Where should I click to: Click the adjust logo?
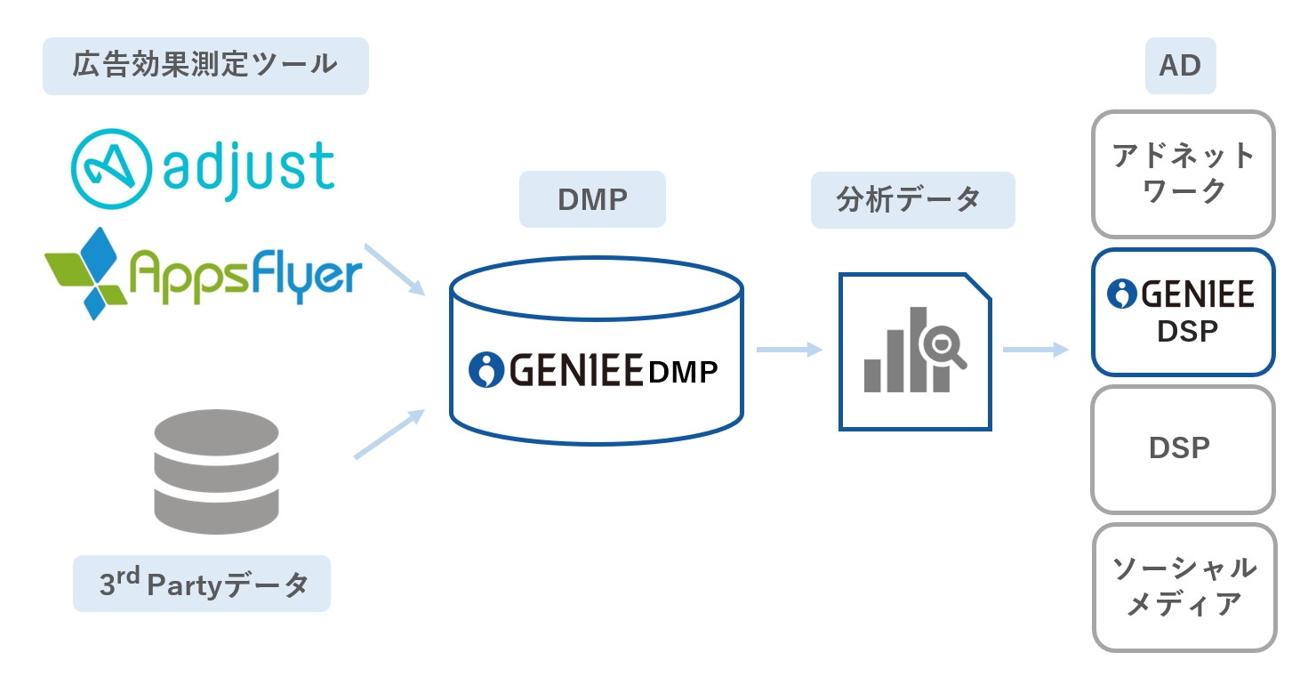pos(204,168)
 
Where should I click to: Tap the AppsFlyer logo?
pos(204,272)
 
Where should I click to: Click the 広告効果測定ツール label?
pos(205,66)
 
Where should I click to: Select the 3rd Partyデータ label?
pos(202,584)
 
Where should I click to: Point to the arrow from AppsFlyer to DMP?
pos(395,269)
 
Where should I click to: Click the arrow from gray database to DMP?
pos(389,434)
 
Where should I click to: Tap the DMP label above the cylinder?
pos(592,199)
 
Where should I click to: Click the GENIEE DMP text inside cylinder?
pos(594,370)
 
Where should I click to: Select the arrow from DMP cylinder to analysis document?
pos(789,350)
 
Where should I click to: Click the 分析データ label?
pos(912,199)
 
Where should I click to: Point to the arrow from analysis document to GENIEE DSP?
pos(1035,350)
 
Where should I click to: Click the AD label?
pos(1180,66)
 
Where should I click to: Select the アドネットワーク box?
pos(1184,173)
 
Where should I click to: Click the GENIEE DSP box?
pos(1184,311)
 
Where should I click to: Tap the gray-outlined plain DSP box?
pos(1184,448)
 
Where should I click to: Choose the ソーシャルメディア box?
pos(1184,586)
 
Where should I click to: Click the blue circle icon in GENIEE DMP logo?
pos(485,370)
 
